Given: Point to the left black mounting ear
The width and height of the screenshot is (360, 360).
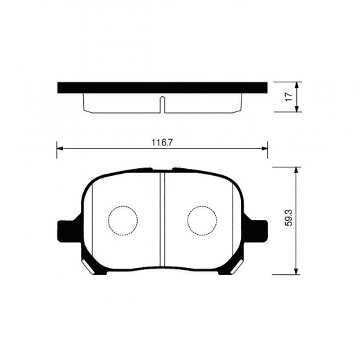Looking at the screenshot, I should [x=66, y=230].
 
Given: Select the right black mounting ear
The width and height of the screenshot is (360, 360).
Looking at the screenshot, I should [x=258, y=230].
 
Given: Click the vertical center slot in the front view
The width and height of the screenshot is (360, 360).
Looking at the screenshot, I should [x=161, y=218].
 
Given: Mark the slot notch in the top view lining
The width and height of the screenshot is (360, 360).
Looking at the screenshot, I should [x=161, y=105].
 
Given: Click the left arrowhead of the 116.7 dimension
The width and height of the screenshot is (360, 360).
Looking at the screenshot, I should [x=60, y=148].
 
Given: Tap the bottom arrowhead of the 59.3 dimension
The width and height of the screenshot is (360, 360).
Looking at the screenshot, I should [x=297, y=272].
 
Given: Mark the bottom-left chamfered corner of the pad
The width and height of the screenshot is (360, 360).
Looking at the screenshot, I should [x=89, y=266].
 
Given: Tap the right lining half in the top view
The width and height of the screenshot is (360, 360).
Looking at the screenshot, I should [x=204, y=102].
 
